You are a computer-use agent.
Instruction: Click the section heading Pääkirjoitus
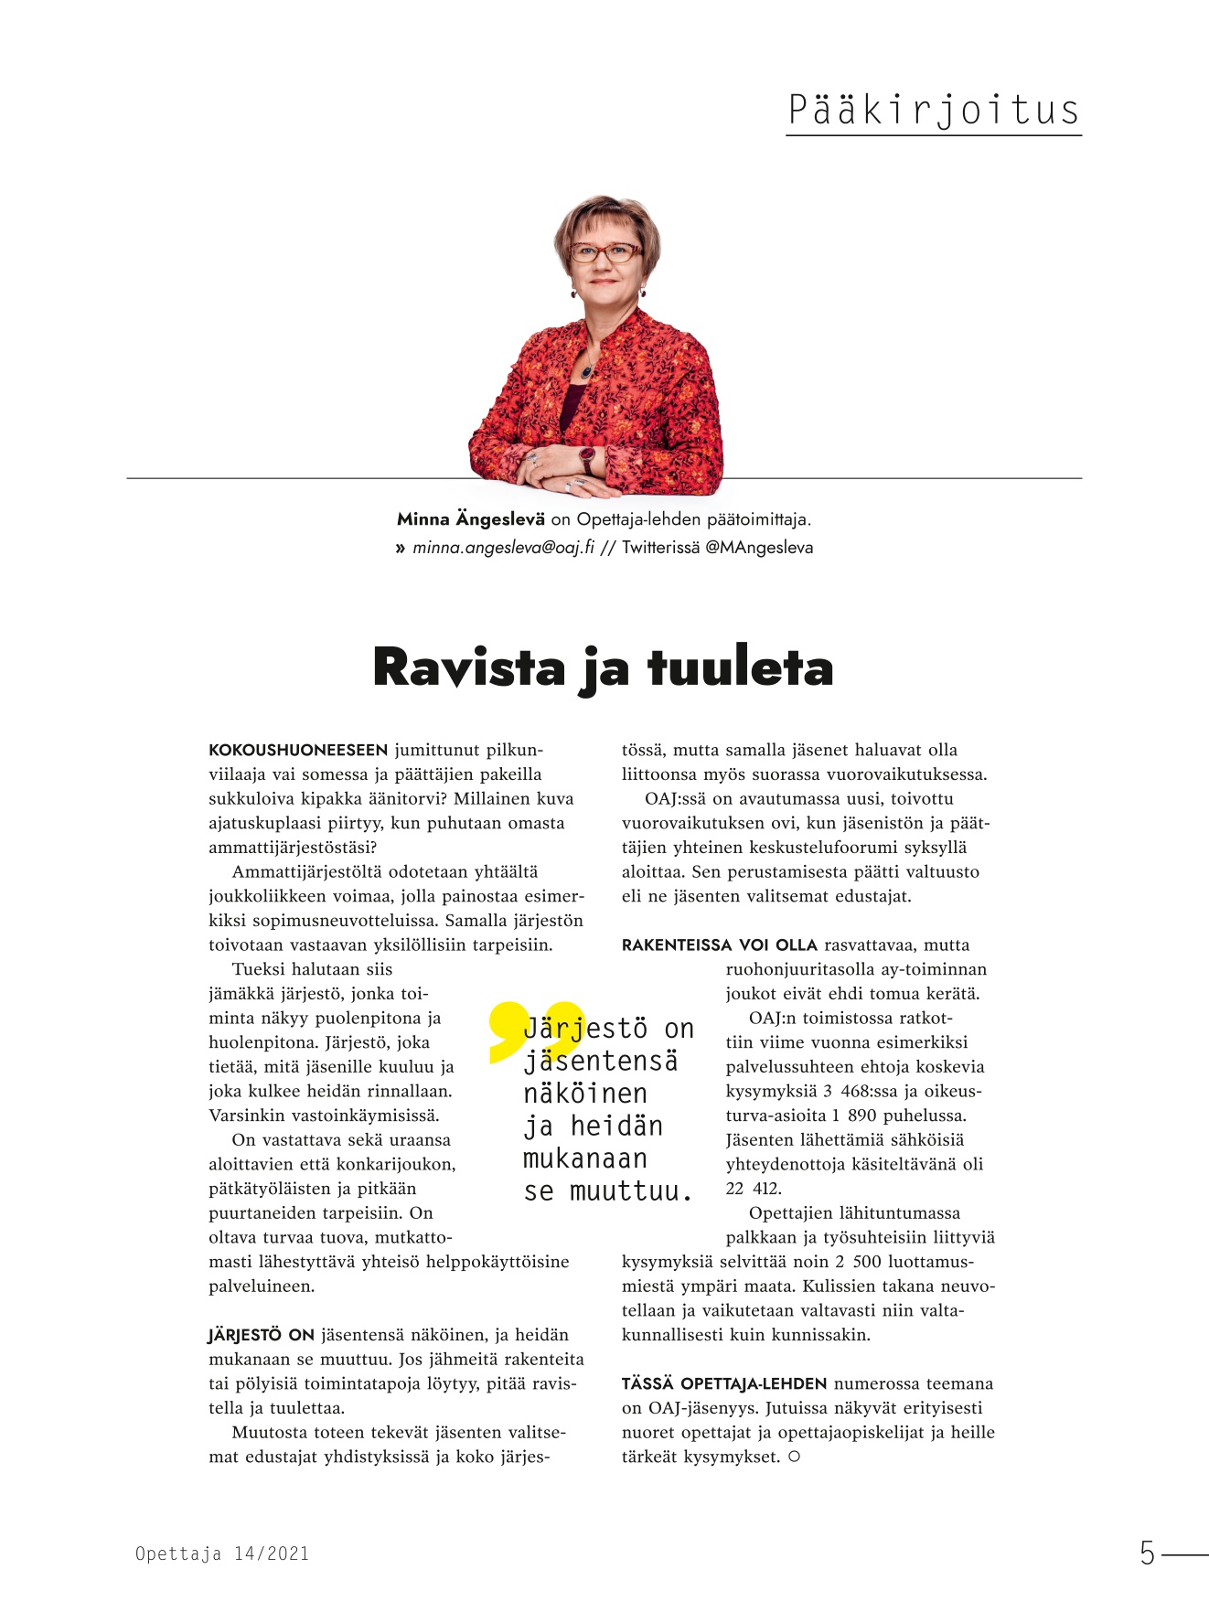pos(933,110)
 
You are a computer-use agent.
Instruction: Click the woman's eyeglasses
pos(604,252)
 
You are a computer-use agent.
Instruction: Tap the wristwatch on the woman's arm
pos(586,456)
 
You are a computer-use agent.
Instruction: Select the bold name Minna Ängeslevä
pos(470,519)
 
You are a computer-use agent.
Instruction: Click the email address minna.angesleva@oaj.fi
pos(503,548)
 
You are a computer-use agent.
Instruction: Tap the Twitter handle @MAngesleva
pos(759,548)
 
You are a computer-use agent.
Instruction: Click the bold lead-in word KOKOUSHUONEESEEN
pos(298,751)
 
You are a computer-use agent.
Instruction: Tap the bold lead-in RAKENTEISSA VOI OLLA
pos(720,945)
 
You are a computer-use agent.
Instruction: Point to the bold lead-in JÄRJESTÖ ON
pos(262,1335)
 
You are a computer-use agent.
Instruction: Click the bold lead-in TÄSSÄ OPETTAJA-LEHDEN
pos(724,1384)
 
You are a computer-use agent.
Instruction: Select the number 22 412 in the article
pos(754,1189)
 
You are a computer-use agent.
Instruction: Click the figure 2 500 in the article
pos(855,1262)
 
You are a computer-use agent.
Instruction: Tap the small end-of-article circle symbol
pos(794,1457)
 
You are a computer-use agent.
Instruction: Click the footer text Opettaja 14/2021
pos(222,1553)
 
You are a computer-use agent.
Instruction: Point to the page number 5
pos(1147,1553)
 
